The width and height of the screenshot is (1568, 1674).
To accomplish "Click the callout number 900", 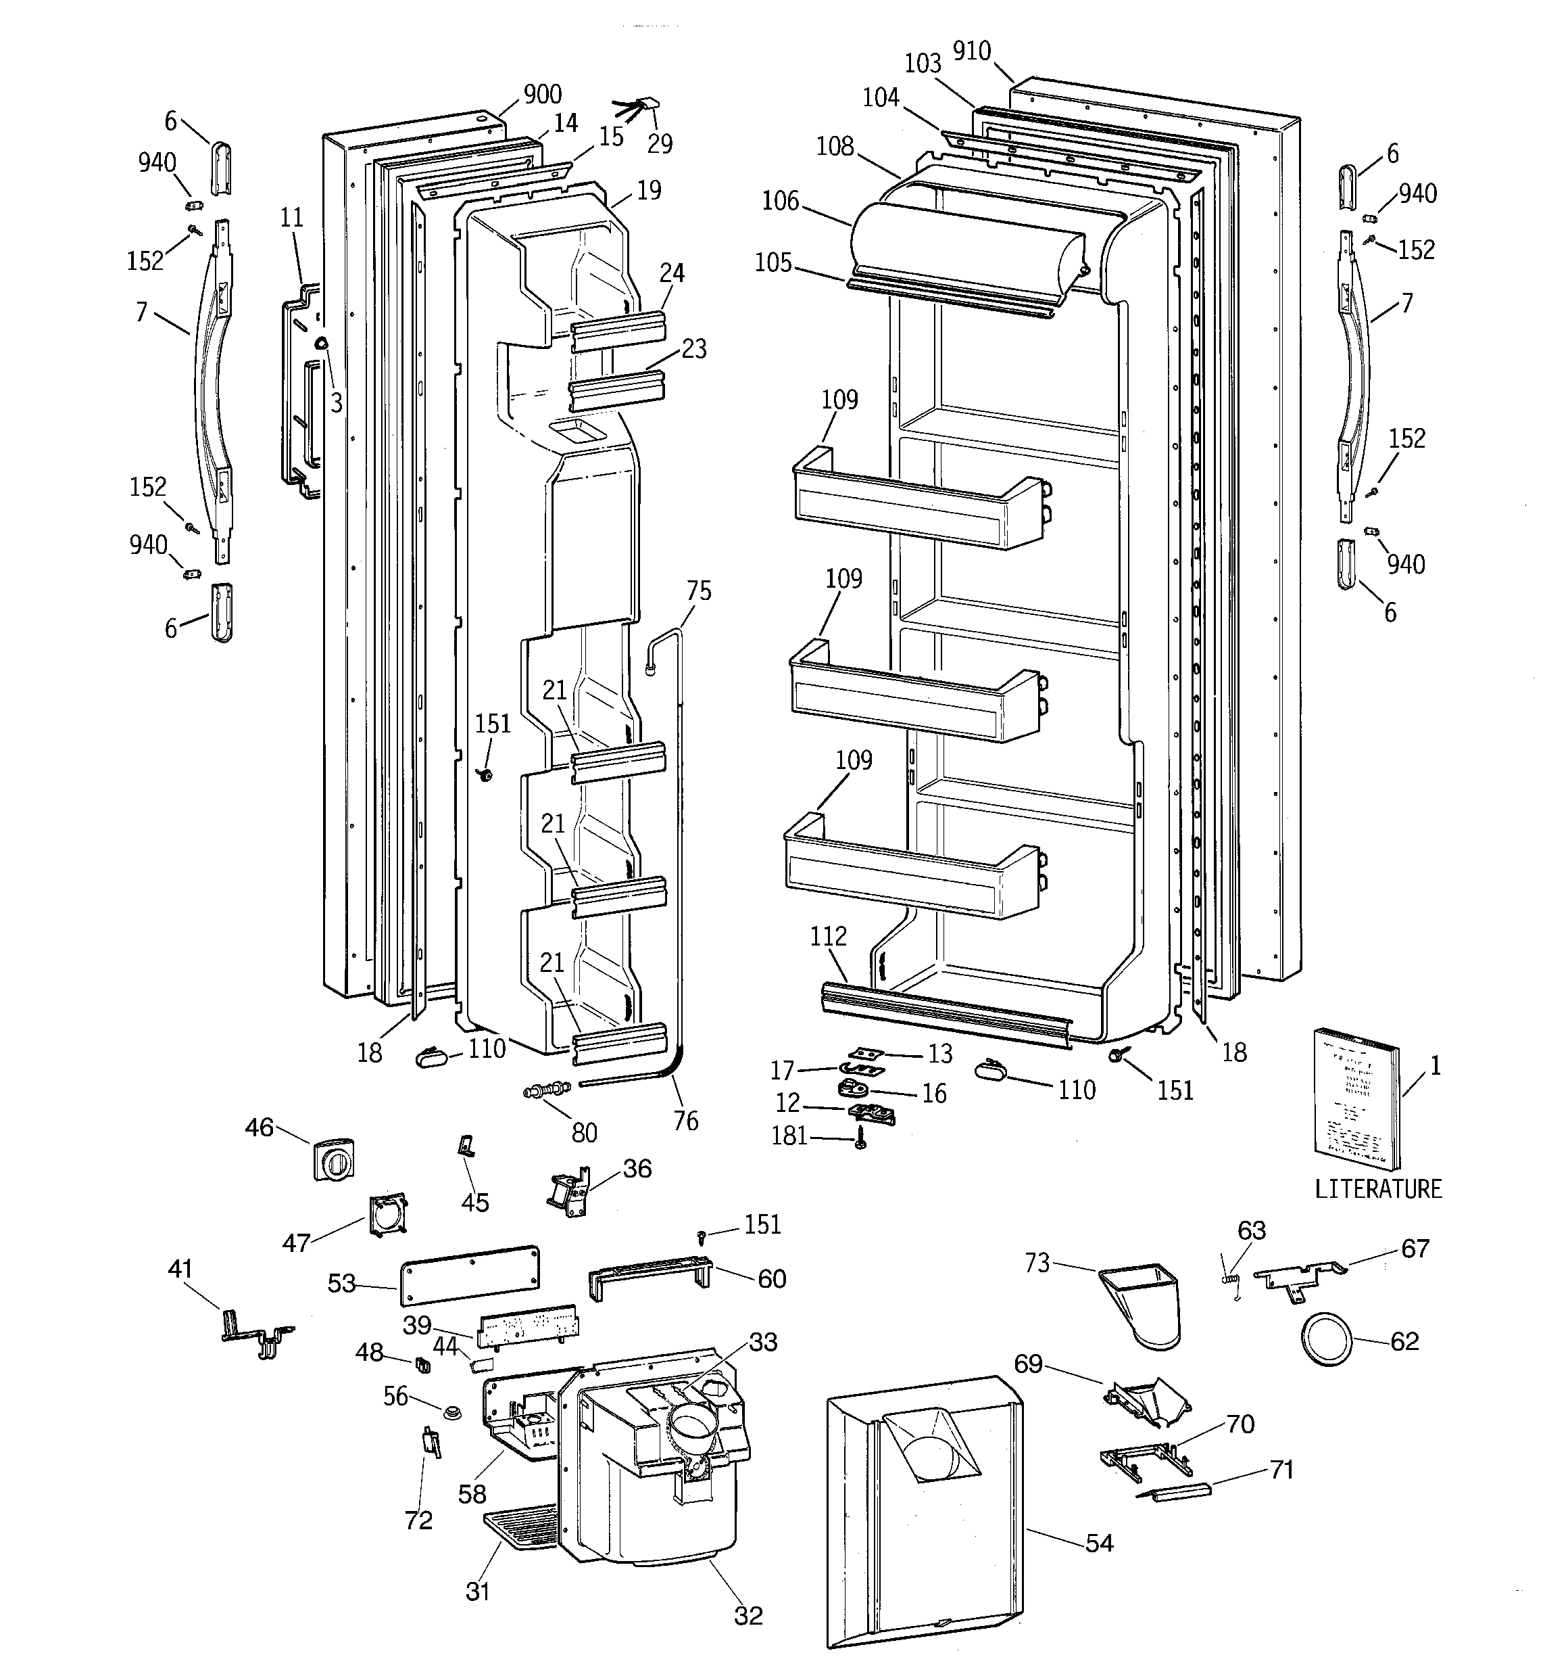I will [542, 94].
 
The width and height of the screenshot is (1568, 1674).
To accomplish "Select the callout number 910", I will [971, 51].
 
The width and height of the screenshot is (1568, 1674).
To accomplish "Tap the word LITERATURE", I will [1378, 1189].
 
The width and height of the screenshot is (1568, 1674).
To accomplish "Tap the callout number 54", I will [1099, 1543].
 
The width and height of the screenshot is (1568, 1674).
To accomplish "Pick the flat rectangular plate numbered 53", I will [470, 1275].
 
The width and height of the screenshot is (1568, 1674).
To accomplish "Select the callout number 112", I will [828, 936].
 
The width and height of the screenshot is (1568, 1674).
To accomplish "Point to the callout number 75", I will [699, 591].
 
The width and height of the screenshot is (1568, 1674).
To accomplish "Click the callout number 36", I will [637, 1168].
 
